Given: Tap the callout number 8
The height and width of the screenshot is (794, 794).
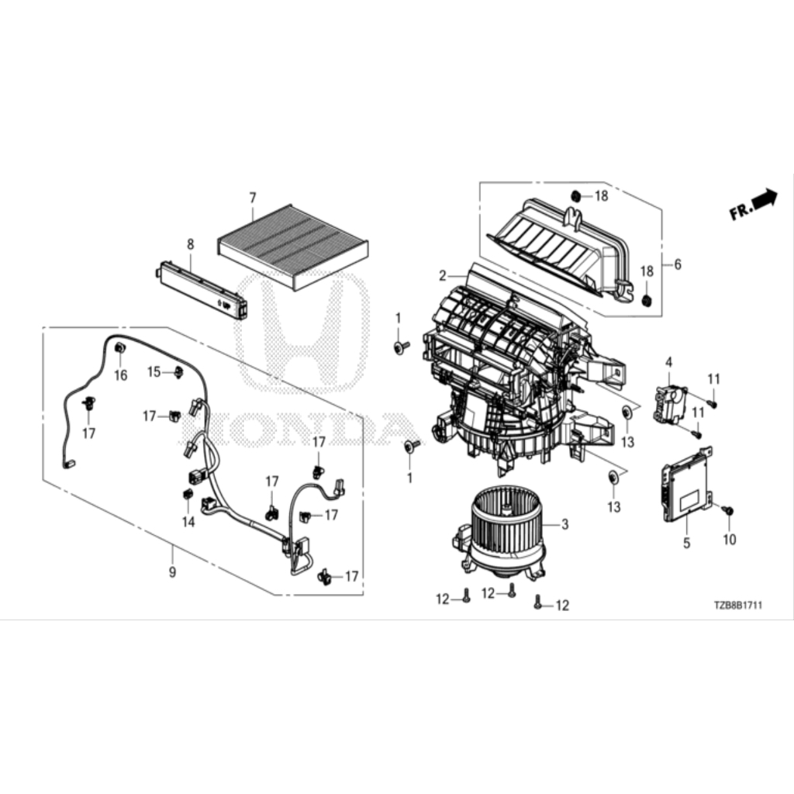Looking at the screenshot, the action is (x=191, y=244).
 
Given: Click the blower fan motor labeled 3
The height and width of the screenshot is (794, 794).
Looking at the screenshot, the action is (x=499, y=533).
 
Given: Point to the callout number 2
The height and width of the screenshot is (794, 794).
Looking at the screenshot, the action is (x=443, y=276).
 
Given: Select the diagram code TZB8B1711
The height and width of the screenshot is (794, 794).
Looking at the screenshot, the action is (x=738, y=605).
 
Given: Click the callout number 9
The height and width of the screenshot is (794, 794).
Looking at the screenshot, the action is (x=173, y=572).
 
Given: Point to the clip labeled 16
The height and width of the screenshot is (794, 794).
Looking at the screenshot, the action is (x=120, y=348).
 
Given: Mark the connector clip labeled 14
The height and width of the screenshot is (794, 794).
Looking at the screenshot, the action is (x=187, y=493).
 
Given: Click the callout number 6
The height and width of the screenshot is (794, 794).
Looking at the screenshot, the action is (x=678, y=264).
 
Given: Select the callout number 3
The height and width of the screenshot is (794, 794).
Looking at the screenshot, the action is (x=565, y=524).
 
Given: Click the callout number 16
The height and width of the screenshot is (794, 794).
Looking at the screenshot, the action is (x=121, y=375).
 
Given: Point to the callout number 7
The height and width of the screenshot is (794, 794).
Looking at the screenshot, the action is (x=253, y=198).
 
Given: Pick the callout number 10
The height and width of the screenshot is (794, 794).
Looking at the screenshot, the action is (x=729, y=540).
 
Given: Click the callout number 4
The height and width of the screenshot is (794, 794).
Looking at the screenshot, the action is (x=669, y=363).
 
